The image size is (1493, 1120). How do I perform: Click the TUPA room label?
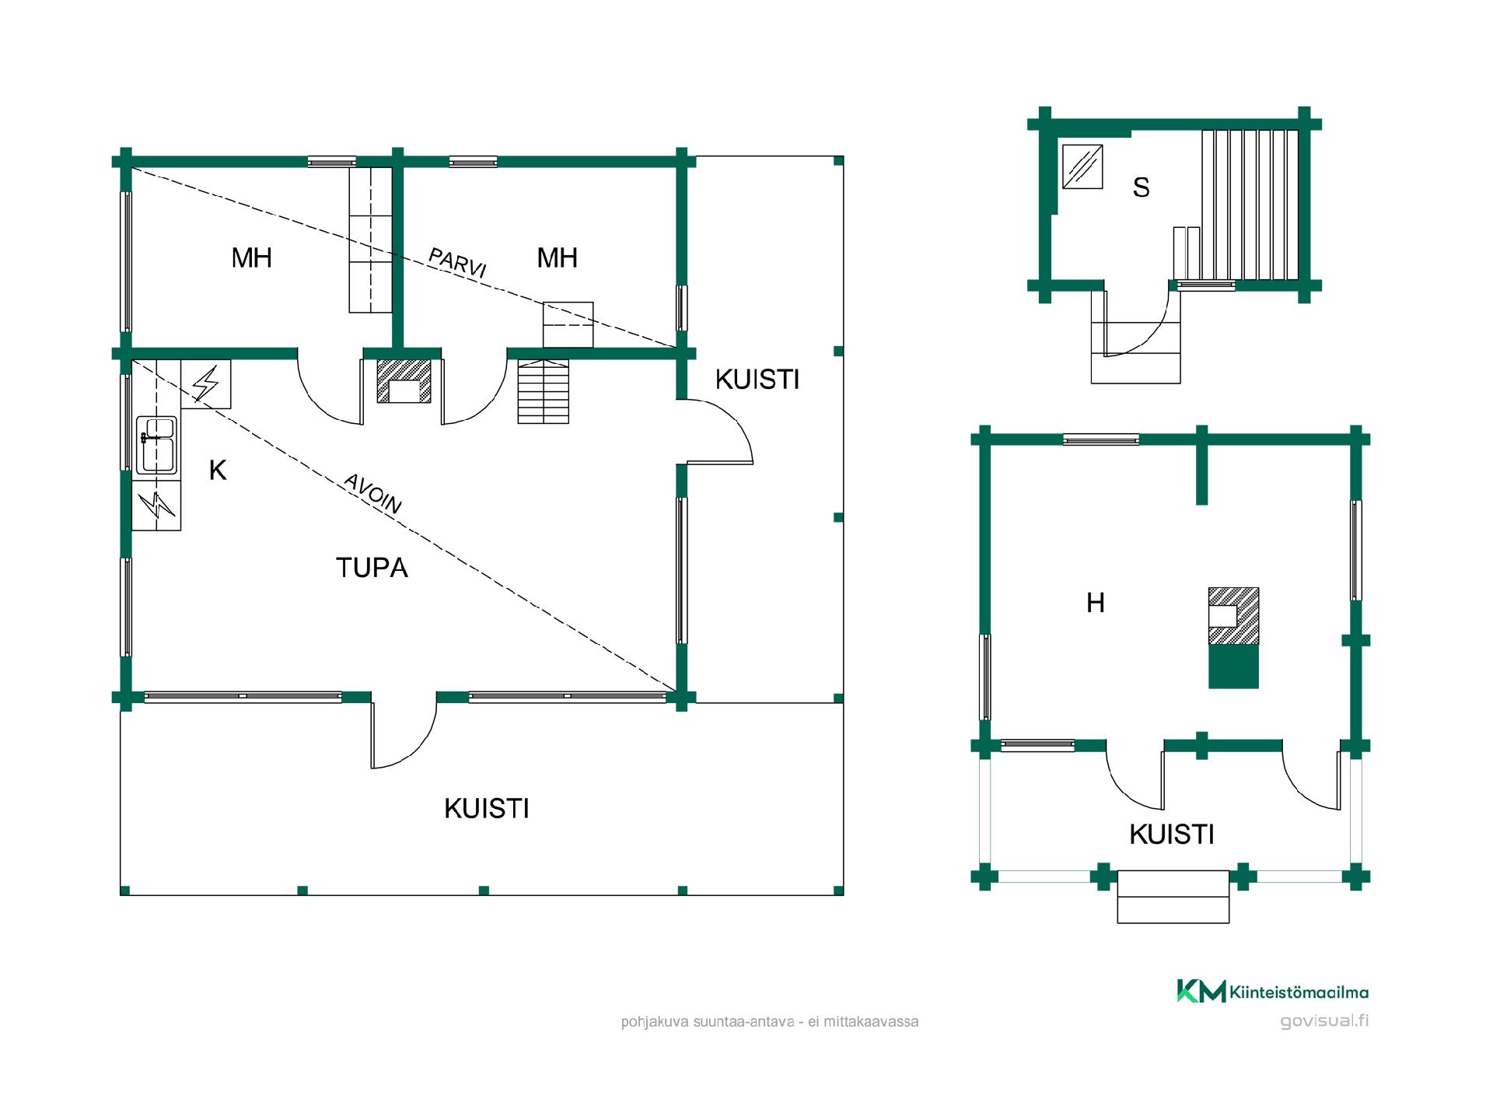(x=372, y=568)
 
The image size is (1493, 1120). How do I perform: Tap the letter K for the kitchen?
(x=218, y=471)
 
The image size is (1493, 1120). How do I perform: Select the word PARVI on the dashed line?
(x=458, y=263)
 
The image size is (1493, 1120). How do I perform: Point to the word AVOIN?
(x=373, y=494)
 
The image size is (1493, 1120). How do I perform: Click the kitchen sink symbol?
(x=156, y=445)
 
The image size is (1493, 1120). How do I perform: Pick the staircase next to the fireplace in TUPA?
(x=544, y=391)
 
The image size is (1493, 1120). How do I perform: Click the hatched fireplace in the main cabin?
(x=404, y=381)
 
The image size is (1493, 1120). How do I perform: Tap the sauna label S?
(x=1141, y=187)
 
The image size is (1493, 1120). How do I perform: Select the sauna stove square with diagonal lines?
(x=1082, y=166)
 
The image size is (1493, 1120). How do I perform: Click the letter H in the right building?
(x=1095, y=603)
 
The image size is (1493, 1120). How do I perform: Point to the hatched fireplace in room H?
(x=1233, y=616)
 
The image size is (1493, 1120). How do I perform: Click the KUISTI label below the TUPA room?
(x=487, y=809)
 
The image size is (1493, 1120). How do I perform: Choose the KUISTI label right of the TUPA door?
(x=757, y=380)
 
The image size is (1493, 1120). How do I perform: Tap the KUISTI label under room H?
(x=1171, y=835)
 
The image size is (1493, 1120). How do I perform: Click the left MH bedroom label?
(x=252, y=257)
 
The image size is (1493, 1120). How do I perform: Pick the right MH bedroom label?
(x=557, y=257)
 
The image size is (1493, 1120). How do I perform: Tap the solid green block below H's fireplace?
(x=1233, y=667)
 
